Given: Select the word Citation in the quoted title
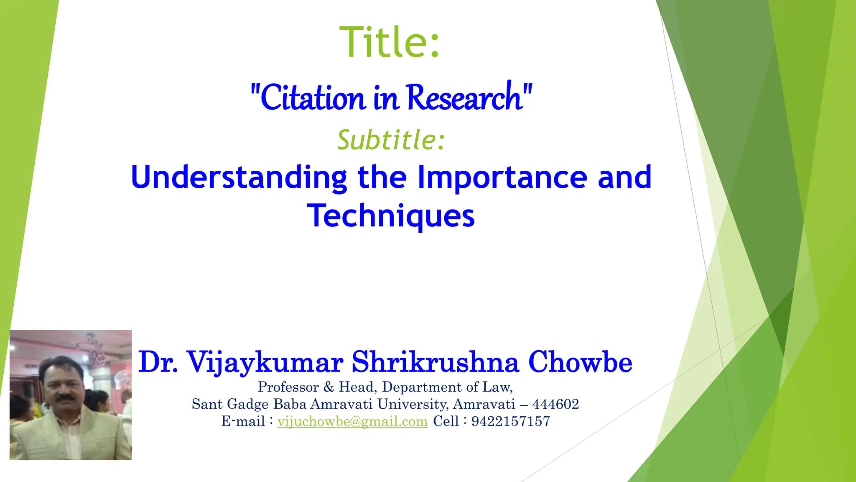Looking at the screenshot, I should click(312, 97).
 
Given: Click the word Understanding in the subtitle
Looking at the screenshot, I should click(239, 177).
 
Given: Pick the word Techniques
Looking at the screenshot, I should click(391, 216).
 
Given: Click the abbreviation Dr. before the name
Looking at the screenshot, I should click(158, 362).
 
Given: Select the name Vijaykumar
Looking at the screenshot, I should click(265, 362).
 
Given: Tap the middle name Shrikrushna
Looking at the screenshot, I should click(435, 362).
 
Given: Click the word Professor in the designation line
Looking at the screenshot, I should click(288, 387).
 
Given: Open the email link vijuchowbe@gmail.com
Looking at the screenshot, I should click(352, 421).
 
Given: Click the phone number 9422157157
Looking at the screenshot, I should click(510, 421).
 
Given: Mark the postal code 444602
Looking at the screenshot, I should click(555, 404).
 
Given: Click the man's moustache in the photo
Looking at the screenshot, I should click(66, 398).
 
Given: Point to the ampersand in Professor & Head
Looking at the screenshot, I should click(329, 387).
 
